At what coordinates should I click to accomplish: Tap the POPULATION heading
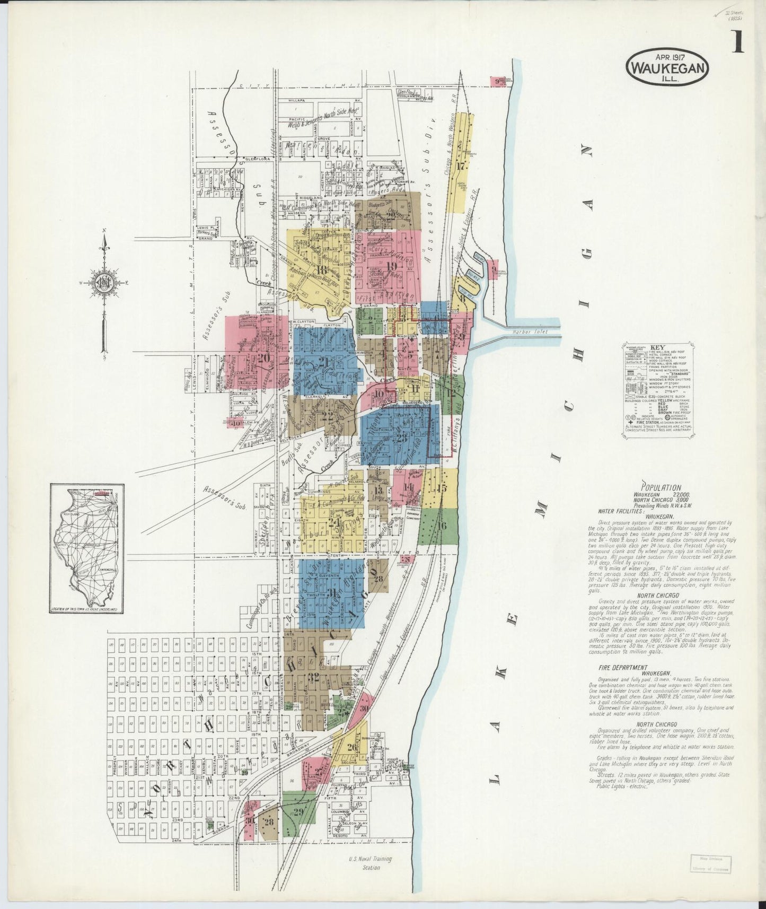pyautogui.click(x=661, y=487)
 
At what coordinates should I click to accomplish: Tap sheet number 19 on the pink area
pyautogui.click(x=392, y=266)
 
